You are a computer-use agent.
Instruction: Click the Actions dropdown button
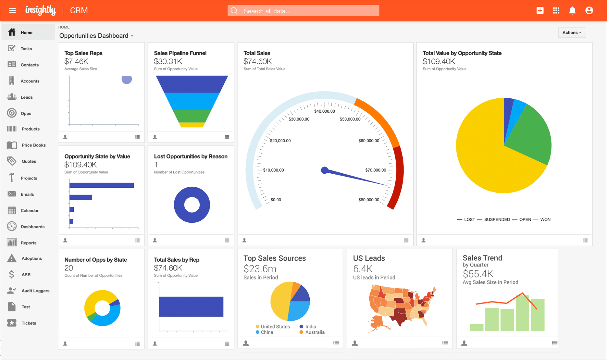click(x=572, y=32)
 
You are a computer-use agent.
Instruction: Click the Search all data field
click(x=304, y=11)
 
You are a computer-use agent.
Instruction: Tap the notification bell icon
click(x=572, y=11)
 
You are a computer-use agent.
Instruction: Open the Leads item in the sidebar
click(x=26, y=97)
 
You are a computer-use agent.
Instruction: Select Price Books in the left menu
click(x=33, y=145)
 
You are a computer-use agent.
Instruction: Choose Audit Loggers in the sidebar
click(x=35, y=291)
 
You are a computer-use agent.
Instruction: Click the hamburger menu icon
click(x=12, y=11)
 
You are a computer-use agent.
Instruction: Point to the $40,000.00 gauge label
click(x=324, y=111)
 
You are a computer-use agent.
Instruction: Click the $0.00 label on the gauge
click(x=276, y=200)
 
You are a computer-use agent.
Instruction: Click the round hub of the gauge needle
click(x=325, y=170)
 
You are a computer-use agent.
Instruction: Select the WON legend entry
click(x=545, y=219)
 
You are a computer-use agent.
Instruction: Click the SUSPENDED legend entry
click(x=497, y=219)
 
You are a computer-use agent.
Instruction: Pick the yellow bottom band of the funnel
click(x=192, y=125)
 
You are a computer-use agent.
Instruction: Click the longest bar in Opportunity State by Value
click(x=101, y=185)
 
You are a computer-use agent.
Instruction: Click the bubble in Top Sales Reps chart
click(x=127, y=80)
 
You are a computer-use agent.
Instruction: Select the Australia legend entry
click(x=315, y=332)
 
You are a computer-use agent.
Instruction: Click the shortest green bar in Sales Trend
click(x=476, y=327)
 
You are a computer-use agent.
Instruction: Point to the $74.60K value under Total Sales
click(x=257, y=61)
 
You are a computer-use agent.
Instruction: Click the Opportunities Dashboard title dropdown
click(x=96, y=36)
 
